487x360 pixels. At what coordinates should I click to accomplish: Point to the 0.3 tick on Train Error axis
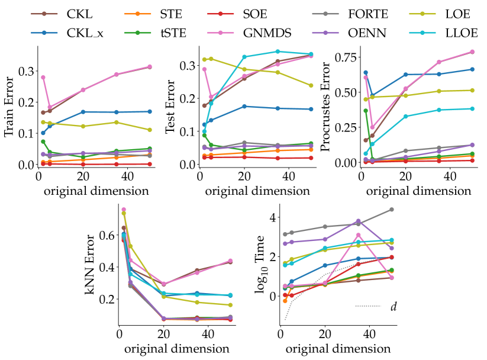pos(26,71)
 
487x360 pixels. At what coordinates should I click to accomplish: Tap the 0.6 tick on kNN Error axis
pos(107,236)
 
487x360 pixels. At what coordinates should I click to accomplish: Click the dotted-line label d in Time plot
pos(394,306)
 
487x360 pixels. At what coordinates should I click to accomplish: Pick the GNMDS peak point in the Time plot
pos(359,235)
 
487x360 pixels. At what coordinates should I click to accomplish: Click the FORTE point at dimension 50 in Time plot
pos(392,210)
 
